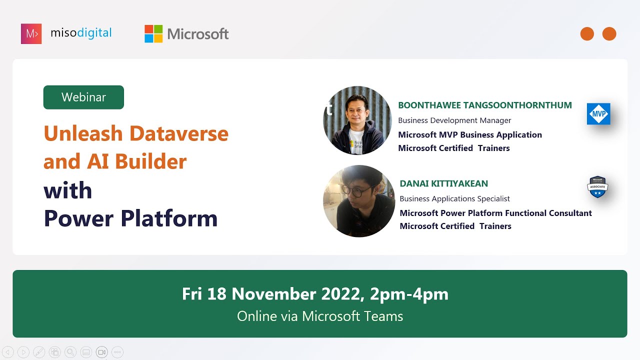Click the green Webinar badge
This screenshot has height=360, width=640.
coord(83,97)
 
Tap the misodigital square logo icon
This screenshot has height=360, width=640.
coord(31,33)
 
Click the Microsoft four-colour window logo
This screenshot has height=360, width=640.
coord(153,33)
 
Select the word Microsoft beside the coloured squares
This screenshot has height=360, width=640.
coord(198,34)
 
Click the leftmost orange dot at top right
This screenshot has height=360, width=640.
coord(587,34)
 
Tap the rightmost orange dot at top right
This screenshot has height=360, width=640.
coord(609,34)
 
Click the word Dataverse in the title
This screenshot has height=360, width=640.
coord(178,133)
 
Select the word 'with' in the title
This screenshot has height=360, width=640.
coord(67,190)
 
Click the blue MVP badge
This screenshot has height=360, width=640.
coord(598,114)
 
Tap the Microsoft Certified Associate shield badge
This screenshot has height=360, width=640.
coord(597,187)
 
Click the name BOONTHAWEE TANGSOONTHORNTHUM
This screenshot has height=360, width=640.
coord(484,105)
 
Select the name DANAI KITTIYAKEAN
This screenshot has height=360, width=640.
coord(443,183)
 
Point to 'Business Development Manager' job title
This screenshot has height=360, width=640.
coord(454,120)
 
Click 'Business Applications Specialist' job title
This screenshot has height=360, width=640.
coord(454,198)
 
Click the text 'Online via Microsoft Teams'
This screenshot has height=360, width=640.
coord(320,316)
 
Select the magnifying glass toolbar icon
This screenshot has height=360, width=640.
coord(70,352)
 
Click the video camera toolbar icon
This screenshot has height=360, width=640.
coord(101,352)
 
